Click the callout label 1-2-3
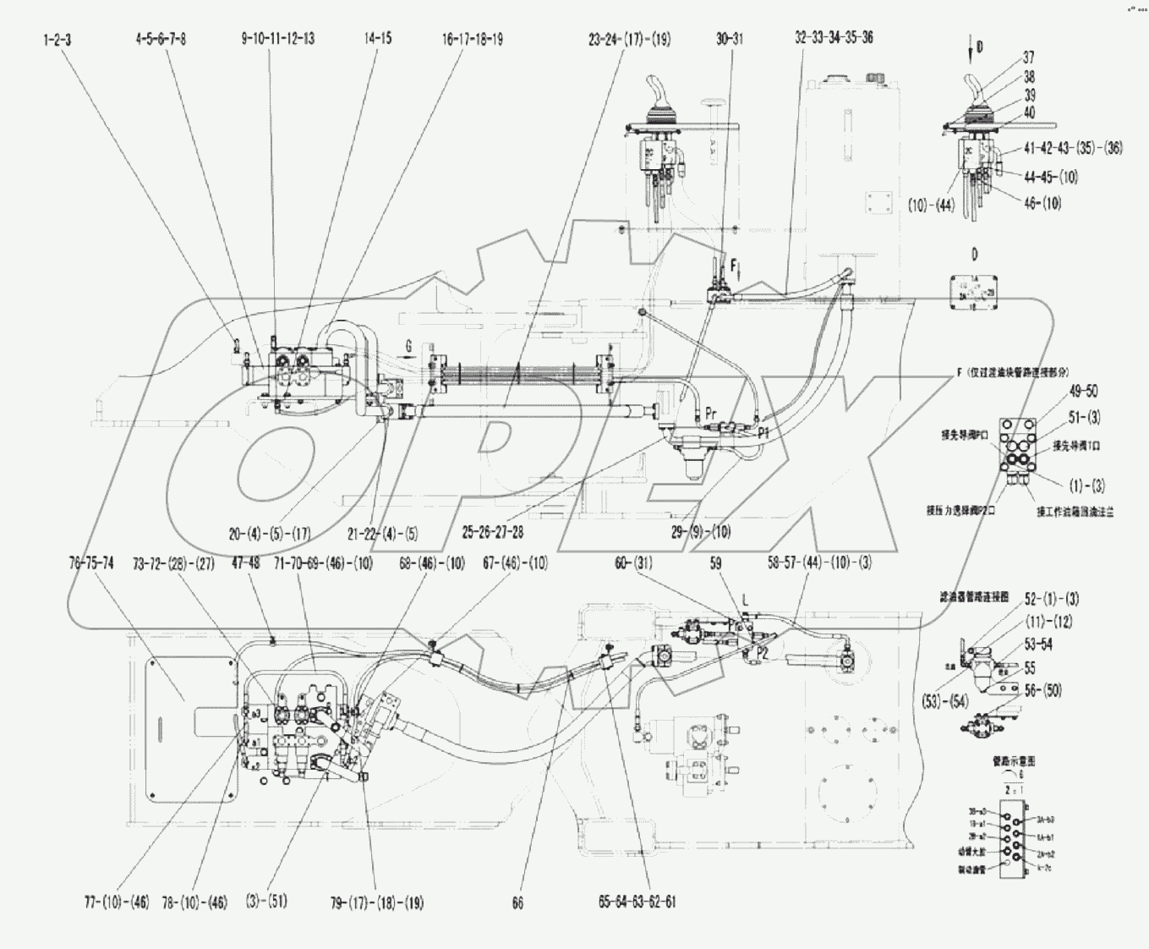pos(58,38)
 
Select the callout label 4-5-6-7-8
pos(160,38)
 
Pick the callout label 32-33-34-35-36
pos(834,38)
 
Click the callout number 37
pos(1028,58)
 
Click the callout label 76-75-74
pos(90,564)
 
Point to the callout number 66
pos(517,903)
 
